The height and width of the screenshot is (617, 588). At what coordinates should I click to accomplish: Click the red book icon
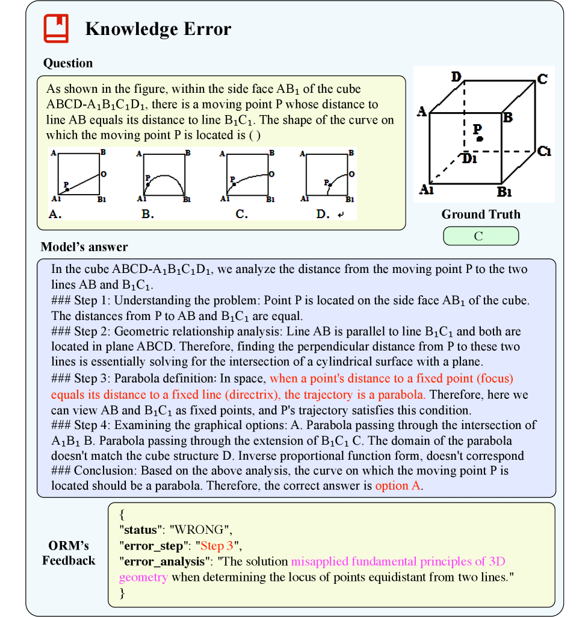pos(56,28)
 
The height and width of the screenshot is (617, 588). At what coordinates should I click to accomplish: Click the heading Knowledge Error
pos(158,29)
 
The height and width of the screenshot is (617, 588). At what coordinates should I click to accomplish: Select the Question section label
pos(68,63)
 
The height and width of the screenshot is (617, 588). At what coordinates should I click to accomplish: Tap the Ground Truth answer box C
pos(480,236)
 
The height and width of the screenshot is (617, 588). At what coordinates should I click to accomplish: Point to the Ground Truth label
pos(480,215)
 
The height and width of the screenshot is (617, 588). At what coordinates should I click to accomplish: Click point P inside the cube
pos(479,139)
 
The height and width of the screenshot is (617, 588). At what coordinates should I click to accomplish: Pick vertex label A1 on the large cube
pos(426,189)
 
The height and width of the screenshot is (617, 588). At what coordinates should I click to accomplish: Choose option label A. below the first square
pos(55,213)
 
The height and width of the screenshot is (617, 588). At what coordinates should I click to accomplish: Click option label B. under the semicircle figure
pos(147,213)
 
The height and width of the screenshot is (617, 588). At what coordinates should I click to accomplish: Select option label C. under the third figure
pos(241,213)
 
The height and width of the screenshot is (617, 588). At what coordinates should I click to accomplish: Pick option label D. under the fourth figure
pos(323,213)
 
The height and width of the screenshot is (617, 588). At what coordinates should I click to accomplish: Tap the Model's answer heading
pos(84,247)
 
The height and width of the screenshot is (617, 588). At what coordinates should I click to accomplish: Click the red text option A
pos(398,486)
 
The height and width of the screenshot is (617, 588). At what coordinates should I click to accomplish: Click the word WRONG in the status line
pos(200,531)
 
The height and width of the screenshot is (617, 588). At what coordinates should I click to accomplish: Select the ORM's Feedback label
pos(68,553)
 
